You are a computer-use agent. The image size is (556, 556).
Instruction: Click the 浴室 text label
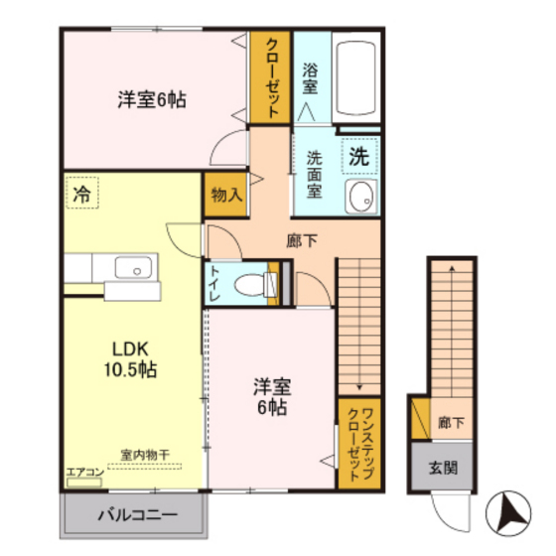[310, 78]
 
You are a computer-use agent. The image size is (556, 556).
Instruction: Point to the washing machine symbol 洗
[359, 156]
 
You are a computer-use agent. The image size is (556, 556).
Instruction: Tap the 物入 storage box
[224, 196]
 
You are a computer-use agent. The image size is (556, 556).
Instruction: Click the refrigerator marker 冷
[82, 195]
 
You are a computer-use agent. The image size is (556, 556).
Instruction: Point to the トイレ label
[214, 284]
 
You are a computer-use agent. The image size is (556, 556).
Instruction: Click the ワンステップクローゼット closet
[354, 442]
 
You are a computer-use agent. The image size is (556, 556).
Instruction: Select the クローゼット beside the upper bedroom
[269, 79]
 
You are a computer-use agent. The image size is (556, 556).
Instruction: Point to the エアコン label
[84, 472]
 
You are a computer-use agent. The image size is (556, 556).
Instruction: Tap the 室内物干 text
[145, 455]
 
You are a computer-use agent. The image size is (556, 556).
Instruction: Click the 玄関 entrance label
[442, 468]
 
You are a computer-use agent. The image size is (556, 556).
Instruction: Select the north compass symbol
[513, 512]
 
